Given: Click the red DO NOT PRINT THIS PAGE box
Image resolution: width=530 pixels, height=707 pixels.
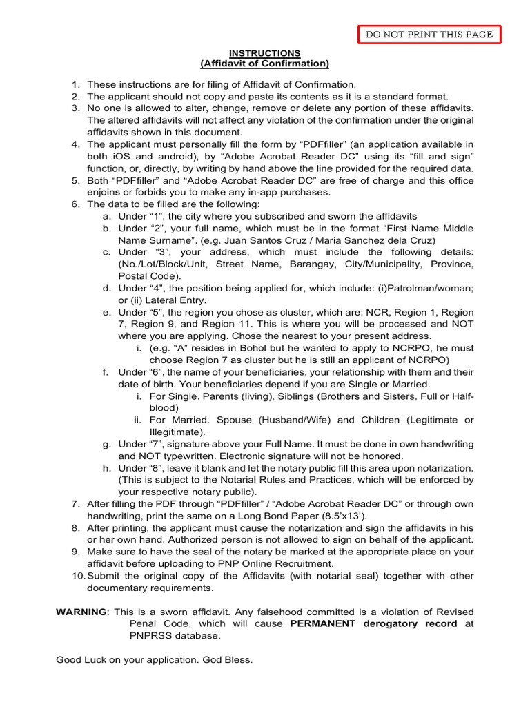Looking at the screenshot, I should coord(429,35).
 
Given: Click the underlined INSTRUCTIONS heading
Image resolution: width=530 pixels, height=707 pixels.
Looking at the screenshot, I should coord(265,53).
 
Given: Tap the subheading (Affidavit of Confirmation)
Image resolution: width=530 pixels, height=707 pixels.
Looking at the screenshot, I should coord(265,64).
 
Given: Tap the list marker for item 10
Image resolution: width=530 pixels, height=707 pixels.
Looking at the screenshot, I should coord(78,576).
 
